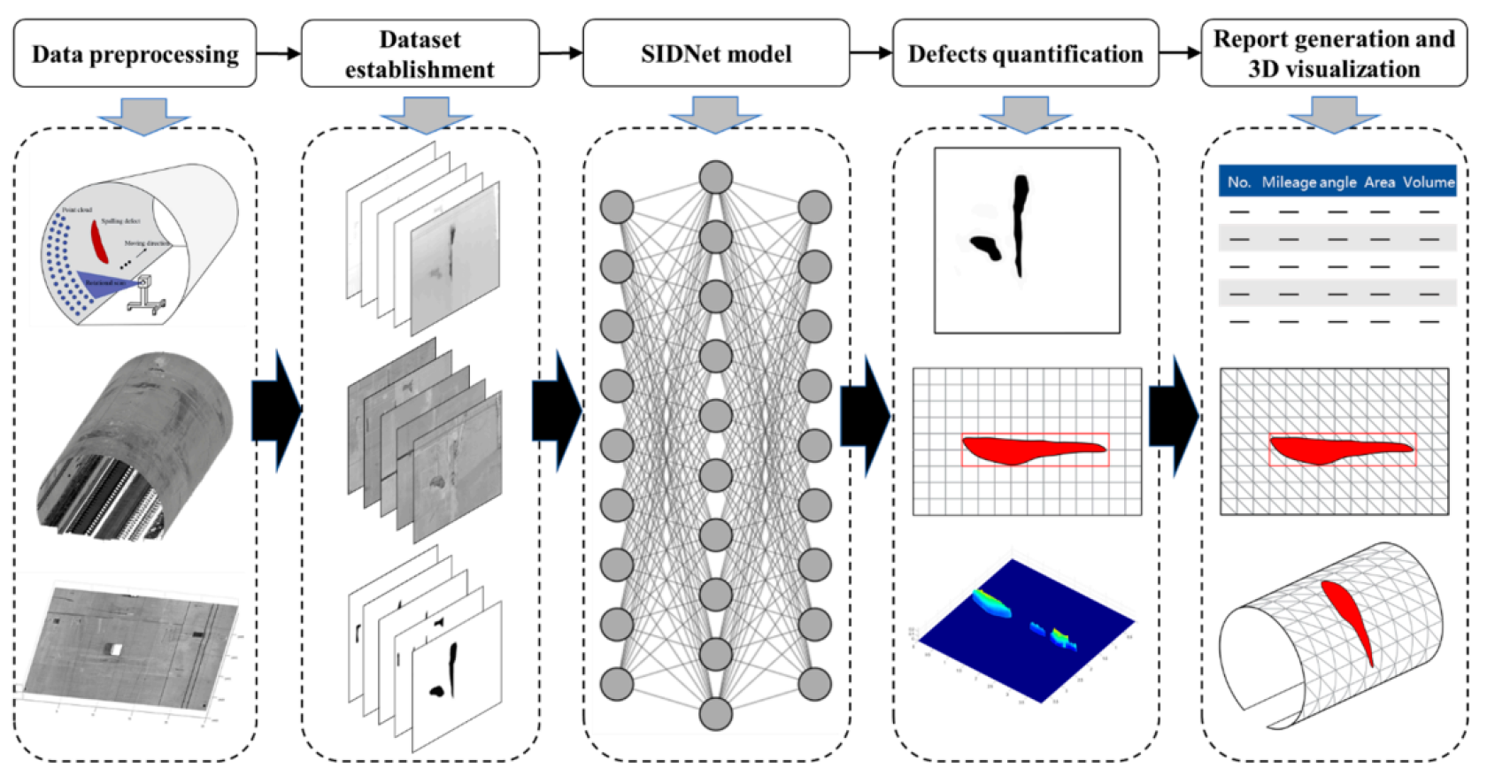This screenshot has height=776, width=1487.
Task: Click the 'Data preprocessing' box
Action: (135, 54)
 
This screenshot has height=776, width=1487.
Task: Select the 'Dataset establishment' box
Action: (420, 54)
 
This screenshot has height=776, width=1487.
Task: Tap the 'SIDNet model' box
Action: (715, 54)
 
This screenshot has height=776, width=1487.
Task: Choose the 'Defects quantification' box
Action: (1025, 54)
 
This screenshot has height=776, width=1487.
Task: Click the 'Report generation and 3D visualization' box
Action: (1333, 54)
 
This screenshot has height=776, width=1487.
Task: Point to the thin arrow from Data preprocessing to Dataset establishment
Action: (279, 54)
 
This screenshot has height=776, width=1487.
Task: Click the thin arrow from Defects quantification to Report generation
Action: (1180, 53)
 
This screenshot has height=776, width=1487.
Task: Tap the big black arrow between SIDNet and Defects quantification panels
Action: (865, 416)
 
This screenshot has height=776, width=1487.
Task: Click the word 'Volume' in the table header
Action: (1428, 182)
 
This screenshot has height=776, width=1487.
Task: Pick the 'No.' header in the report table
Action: (1238, 182)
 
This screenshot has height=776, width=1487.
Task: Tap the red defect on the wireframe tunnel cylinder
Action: (1349, 619)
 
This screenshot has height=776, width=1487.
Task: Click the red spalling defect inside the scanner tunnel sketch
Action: (100, 241)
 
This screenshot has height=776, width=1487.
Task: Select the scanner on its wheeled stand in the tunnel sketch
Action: (146, 292)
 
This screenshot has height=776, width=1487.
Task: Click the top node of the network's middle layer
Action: (715, 177)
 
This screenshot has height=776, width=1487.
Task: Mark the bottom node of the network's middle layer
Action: (715, 713)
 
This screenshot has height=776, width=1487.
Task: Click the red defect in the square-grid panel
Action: (1027, 449)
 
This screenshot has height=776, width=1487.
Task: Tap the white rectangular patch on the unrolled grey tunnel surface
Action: (114, 649)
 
